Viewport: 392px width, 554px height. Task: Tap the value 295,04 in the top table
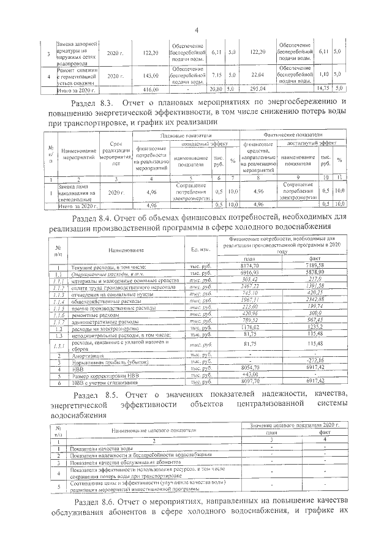257,90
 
